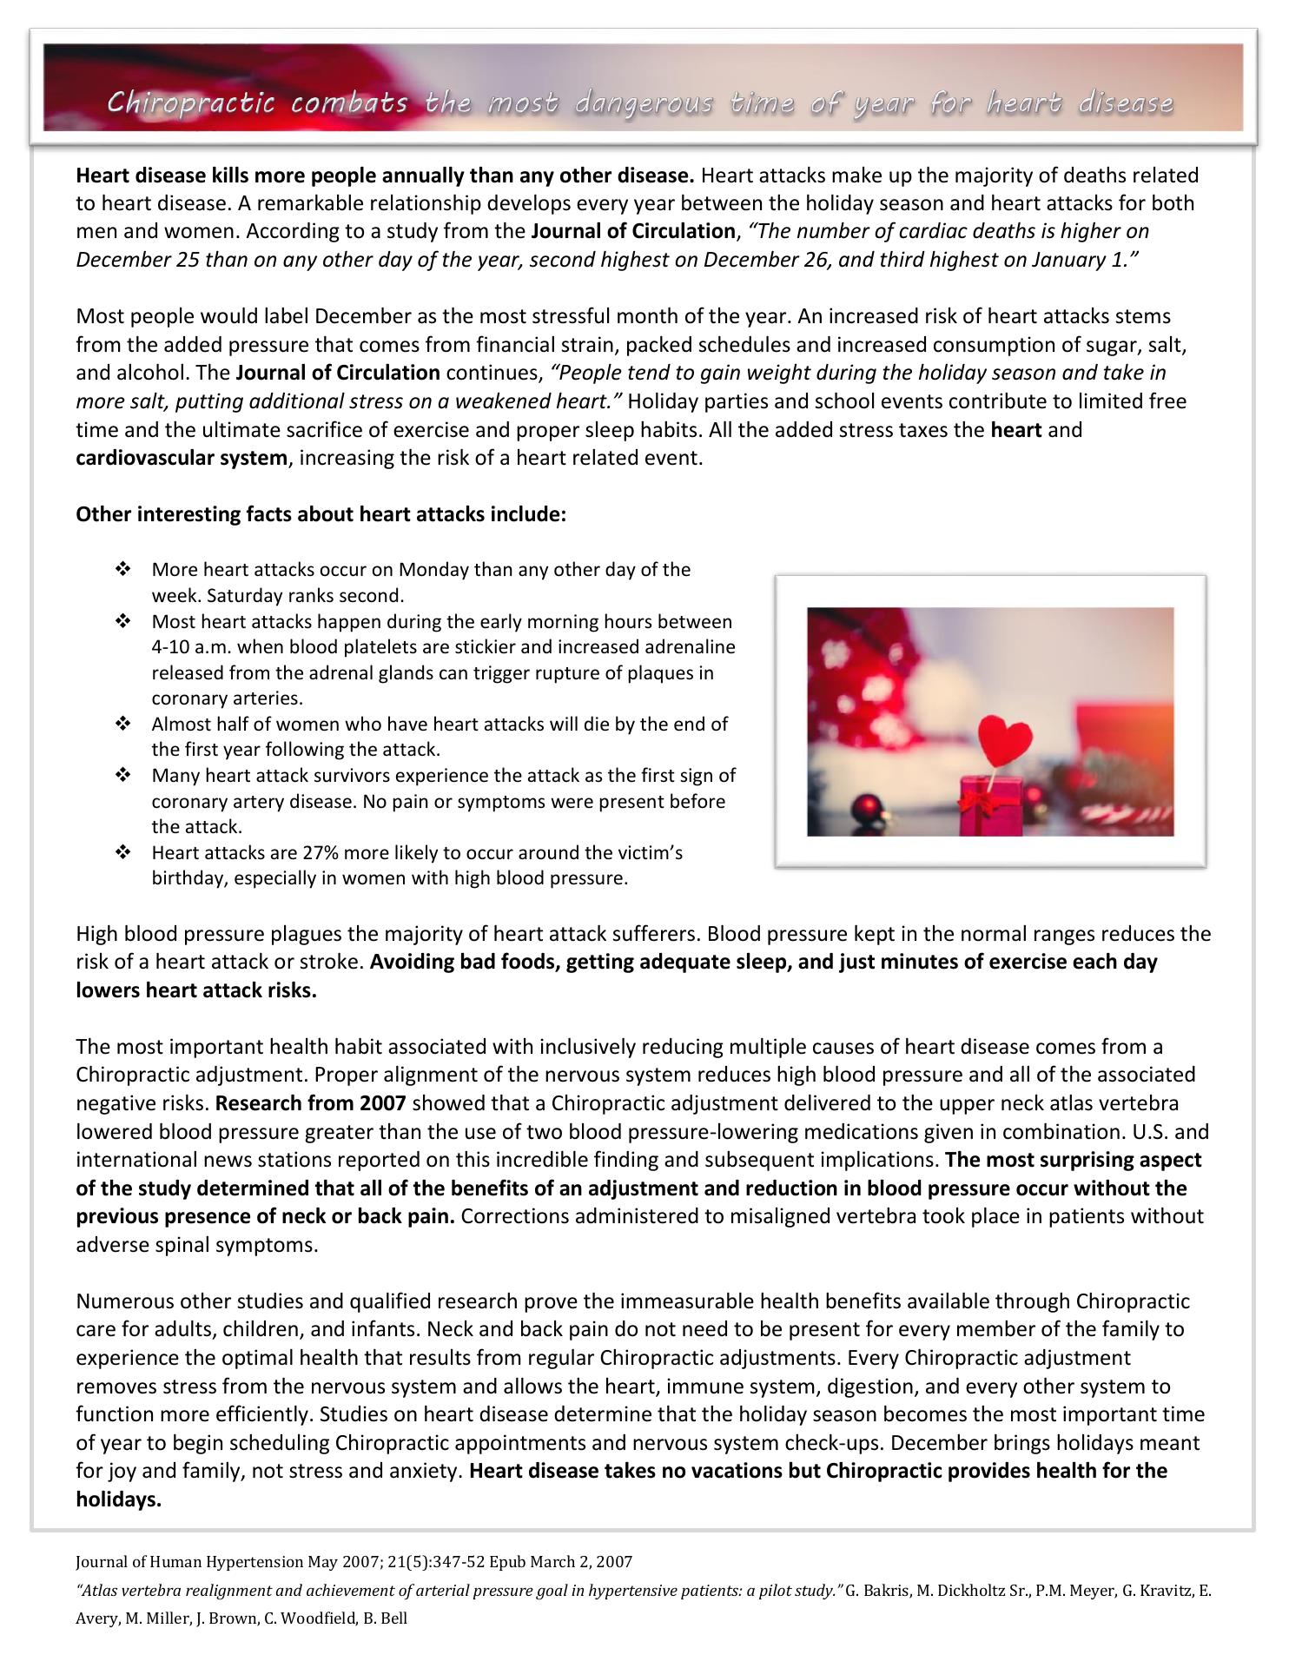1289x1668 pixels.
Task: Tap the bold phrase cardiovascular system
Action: [x=181, y=458]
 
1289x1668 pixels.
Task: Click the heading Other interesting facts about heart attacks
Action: [x=321, y=514]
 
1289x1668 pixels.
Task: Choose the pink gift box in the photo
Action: [x=988, y=806]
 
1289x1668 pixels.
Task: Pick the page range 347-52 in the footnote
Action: [x=440, y=1562]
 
